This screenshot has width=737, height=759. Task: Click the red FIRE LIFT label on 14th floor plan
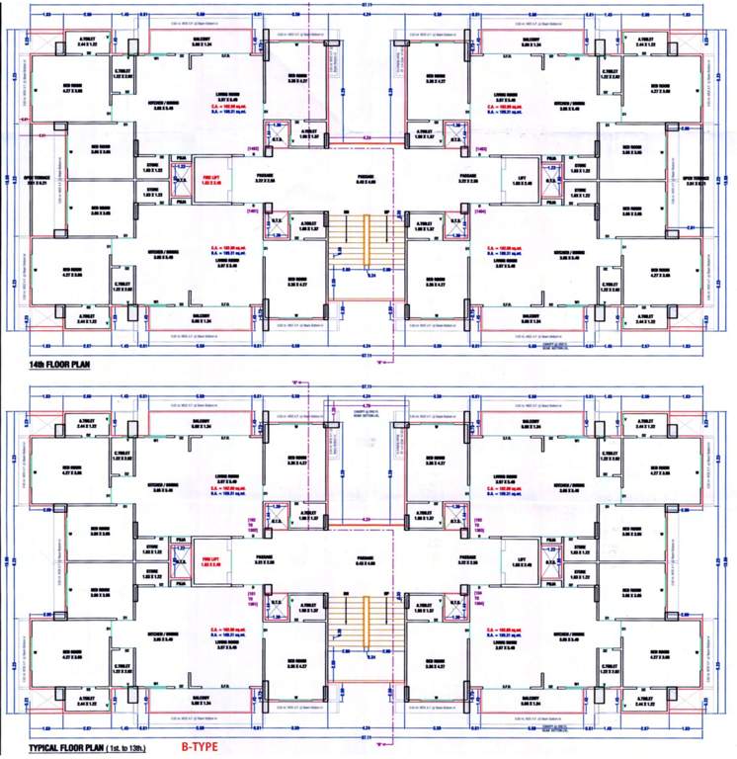(x=208, y=180)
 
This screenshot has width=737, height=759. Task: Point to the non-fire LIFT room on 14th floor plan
(x=522, y=180)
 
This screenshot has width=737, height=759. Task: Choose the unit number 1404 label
(x=481, y=211)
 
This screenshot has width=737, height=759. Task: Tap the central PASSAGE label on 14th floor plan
(x=368, y=180)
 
